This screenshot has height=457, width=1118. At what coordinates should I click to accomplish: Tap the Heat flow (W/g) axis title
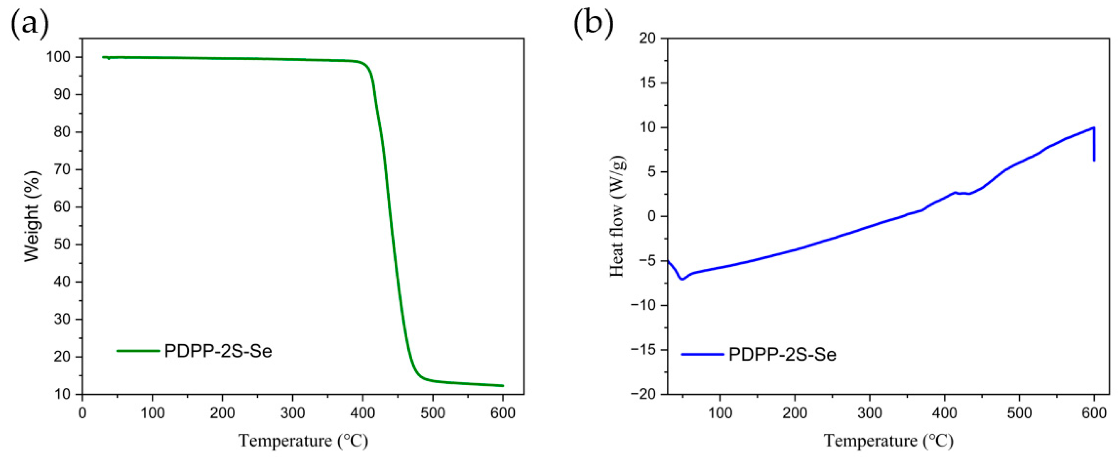click(x=617, y=216)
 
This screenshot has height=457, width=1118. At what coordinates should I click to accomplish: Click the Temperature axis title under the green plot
click(x=303, y=441)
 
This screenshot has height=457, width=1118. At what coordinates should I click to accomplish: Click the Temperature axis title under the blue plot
click(x=888, y=441)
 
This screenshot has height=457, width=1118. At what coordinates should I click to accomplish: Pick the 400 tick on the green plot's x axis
click(x=363, y=413)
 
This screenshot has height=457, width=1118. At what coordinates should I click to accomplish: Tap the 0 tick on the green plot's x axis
click(x=83, y=413)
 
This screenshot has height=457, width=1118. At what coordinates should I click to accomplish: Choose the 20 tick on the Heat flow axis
click(x=649, y=39)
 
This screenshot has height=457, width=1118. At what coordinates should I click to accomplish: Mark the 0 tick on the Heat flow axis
click(x=653, y=216)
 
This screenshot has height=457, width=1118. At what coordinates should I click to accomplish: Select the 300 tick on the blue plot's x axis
click(x=870, y=413)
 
